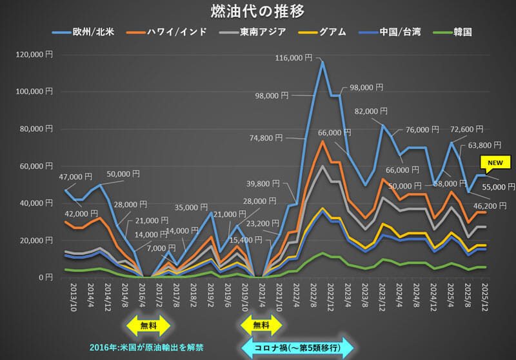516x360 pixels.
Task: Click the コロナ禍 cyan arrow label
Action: coord(297,347)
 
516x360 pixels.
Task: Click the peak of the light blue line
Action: coord(322,62)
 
